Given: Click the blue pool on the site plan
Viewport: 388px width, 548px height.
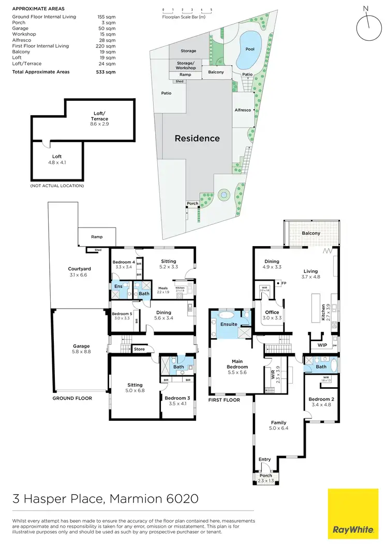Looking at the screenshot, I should pyautogui.click(x=248, y=50).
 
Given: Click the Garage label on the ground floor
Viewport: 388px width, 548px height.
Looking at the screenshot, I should pyautogui.click(x=81, y=346).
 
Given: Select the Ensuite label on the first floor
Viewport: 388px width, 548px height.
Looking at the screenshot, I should pyautogui.click(x=229, y=324).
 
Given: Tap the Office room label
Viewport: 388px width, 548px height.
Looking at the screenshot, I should pyautogui.click(x=272, y=312).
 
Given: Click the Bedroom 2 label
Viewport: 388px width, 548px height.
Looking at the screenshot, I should pyautogui.click(x=321, y=399).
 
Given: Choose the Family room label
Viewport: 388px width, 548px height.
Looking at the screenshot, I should pyautogui.click(x=278, y=423).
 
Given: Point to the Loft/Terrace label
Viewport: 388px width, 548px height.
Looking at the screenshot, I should pyautogui.click(x=99, y=116).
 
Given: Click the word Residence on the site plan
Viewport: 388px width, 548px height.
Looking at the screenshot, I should pyautogui.click(x=197, y=138).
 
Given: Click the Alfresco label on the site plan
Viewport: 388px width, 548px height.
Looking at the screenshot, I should pyautogui.click(x=243, y=110).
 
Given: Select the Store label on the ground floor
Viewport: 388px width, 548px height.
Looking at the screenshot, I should pyautogui.click(x=140, y=348).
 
